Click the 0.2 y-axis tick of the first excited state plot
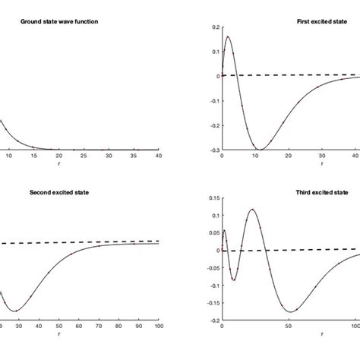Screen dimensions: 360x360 point(213,27)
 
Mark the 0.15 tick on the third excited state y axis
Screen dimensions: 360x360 point(212,198)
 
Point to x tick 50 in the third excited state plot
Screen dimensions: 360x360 point(289,327)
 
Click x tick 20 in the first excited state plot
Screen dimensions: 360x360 point(288,156)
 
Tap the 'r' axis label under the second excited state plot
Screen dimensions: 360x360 point(49,333)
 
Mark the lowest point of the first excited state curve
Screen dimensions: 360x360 point(260,149)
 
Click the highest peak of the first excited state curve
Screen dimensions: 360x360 point(229,36)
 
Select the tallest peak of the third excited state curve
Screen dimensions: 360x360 point(252,209)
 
